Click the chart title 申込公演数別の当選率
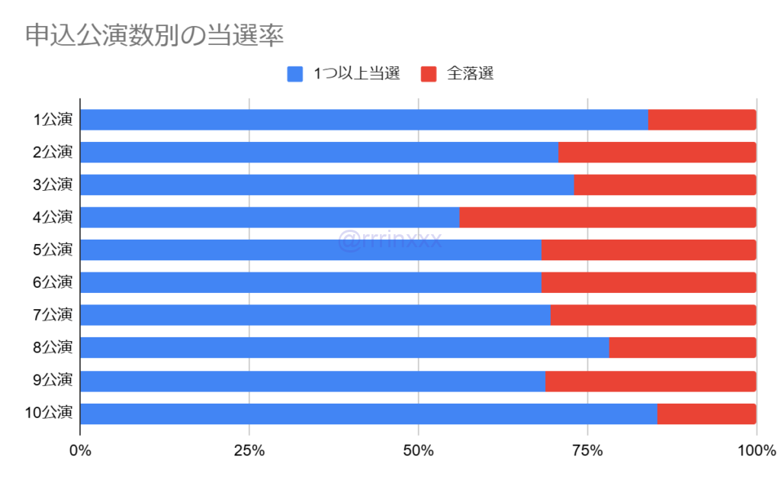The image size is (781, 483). pyautogui.click(x=155, y=35)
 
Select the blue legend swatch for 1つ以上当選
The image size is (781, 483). pyautogui.click(x=295, y=74)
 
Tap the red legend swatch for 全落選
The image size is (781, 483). pyautogui.click(x=429, y=74)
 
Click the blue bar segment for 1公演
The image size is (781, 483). pyautogui.click(x=364, y=120)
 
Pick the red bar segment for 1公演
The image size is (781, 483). pyautogui.click(x=702, y=120)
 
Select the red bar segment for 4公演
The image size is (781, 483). pyautogui.click(x=607, y=217)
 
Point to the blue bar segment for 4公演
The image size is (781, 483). pyautogui.click(x=269, y=217)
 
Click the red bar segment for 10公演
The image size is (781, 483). pyautogui.click(x=706, y=414)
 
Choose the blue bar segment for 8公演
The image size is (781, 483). pyautogui.click(x=344, y=348)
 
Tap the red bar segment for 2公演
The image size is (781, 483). pyautogui.click(x=657, y=153)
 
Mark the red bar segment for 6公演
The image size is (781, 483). pyautogui.click(x=648, y=282)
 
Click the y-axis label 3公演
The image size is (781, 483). pyautogui.click(x=53, y=185)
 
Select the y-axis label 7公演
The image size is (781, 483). pyautogui.click(x=53, y=315)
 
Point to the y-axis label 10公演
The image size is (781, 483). pyautogui.click(x=49, y=414)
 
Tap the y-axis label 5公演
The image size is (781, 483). pyautogui.click(x=53, y=250)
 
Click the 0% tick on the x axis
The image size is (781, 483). pyautogui.click(x=80, y=451)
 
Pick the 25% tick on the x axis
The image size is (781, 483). pyautogui.click(x=249, y=451)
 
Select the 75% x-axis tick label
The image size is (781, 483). pyautogui.click(x=587, y=451)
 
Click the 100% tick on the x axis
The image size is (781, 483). pyautogui.click(x=756, y=451)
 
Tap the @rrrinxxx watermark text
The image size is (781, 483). pyautogui.click(x=390, y=242)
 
